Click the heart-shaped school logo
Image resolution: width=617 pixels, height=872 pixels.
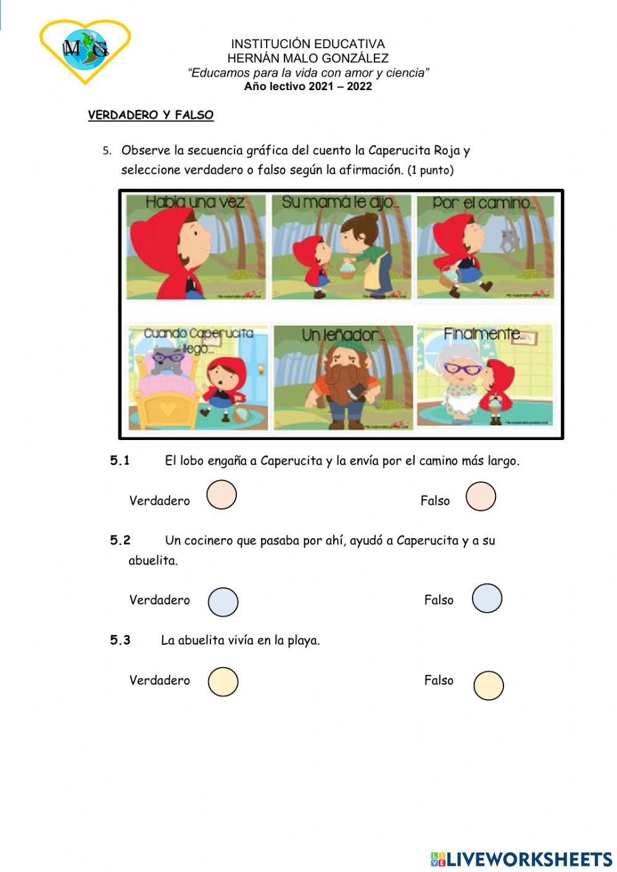(85, 50)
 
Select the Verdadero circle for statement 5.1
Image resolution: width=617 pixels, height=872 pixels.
(222, 495)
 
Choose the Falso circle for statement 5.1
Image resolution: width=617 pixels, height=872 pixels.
(481, 497)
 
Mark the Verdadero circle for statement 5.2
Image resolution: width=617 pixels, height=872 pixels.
(223, 602)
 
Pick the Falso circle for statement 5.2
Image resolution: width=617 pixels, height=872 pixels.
(487, 598)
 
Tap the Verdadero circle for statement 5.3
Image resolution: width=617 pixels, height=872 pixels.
(223, 682)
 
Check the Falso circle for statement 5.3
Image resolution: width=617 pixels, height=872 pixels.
(488, 686)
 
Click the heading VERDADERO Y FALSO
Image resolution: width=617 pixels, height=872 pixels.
(151, 115)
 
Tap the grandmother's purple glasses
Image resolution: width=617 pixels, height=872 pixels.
(463, 369)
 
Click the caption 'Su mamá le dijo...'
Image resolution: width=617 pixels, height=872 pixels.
(340, 202)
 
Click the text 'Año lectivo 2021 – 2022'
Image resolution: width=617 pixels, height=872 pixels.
(308, 86)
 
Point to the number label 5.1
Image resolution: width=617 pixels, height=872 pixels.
(120, 460)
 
